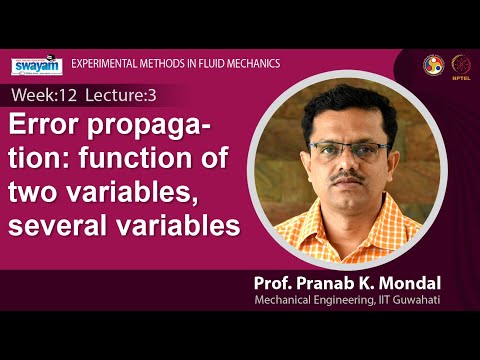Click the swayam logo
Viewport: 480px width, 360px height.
point(37,66)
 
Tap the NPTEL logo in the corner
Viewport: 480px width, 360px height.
point(462,63)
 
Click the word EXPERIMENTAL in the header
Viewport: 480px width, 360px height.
point(103,64)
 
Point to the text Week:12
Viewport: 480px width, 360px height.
point(41,97)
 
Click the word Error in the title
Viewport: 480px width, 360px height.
point(46,130)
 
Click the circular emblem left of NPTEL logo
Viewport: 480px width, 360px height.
point(433,63)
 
